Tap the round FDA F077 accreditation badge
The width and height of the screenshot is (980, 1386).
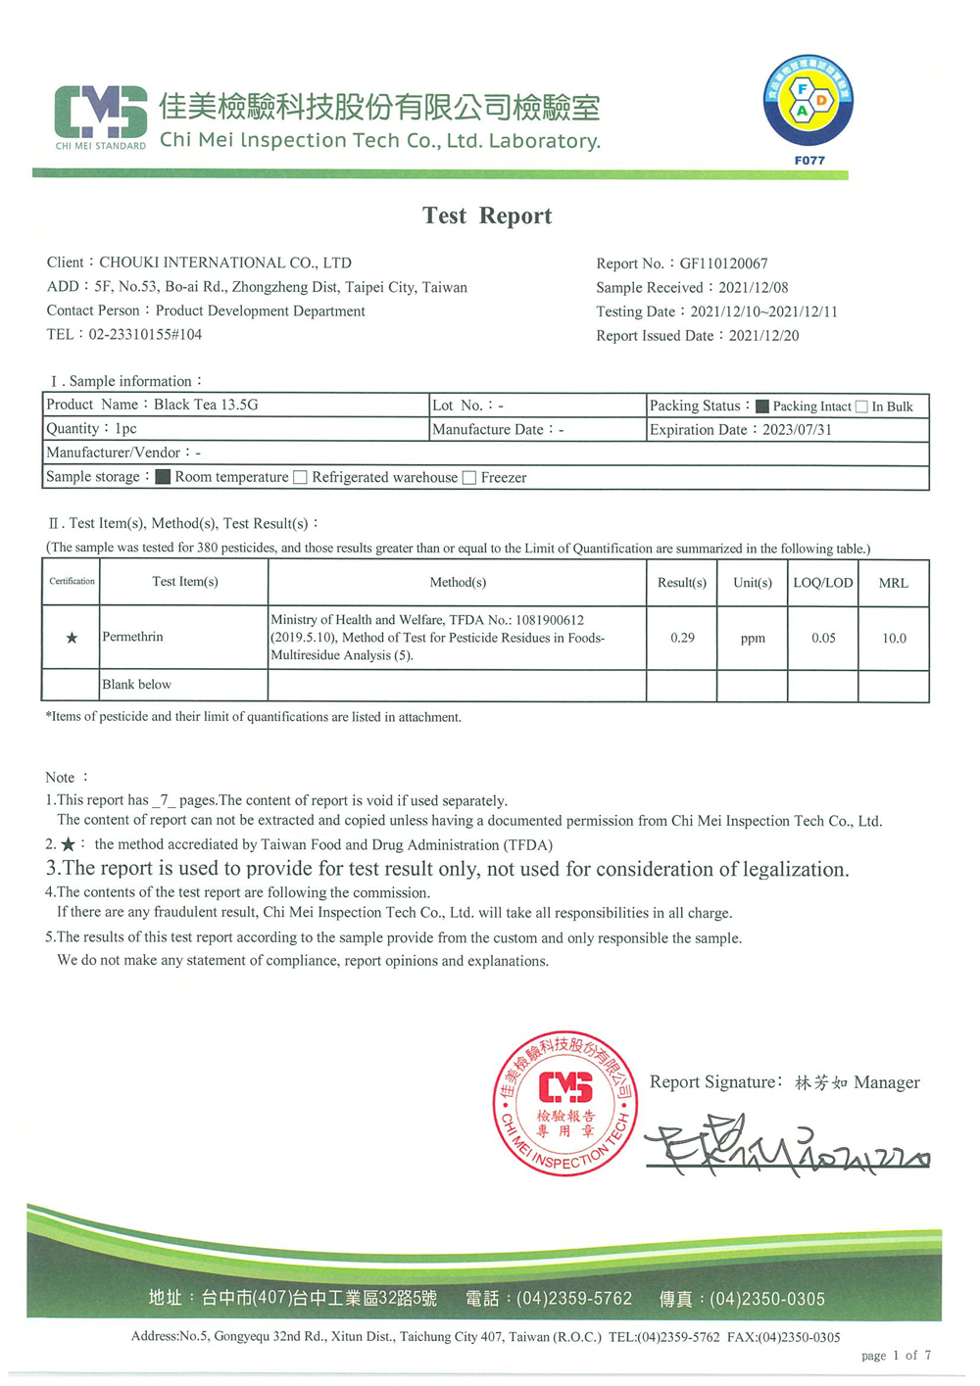[808, 101]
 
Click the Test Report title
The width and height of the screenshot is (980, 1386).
[487, 215]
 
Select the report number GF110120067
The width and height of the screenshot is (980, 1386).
[723, 263]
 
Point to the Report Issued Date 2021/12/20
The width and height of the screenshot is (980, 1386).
[763, 336]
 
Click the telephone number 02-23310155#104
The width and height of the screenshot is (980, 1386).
[145, 335]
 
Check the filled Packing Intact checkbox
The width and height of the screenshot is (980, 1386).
[761, 406]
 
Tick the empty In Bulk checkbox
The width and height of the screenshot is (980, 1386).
[861, 406]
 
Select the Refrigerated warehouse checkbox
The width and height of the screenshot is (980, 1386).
[301, 478]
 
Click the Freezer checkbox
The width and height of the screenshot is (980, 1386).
[469, 478]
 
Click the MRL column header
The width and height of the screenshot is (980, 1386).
[893, 583]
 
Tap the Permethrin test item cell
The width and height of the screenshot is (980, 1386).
[133, 638]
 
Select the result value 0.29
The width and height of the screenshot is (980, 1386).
[682, 638]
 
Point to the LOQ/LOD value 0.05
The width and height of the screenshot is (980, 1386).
[823, 638]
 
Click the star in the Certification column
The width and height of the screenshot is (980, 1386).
[72, 638]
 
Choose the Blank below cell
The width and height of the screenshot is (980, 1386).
[137, 685]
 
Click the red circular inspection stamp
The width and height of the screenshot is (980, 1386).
[565, 1103]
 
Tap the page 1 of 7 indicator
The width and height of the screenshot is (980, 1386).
[896, 1356]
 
